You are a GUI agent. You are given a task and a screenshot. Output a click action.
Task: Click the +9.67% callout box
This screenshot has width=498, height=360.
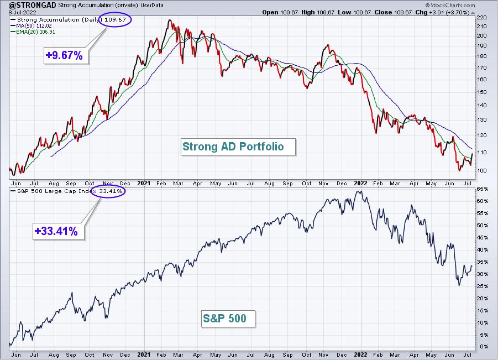[x=66, y=55]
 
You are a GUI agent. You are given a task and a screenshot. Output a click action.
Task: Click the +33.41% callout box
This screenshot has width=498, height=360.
[x=59, y=231]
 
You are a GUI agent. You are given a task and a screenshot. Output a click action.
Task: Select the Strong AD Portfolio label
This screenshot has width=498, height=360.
[x=238, y=147]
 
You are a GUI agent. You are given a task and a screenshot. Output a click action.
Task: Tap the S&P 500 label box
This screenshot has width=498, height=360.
[x=229, y=319]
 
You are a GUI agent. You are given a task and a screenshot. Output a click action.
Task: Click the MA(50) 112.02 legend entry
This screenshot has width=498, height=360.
[x=31, y=26]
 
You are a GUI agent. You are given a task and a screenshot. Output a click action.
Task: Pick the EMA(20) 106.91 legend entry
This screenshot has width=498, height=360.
[x=33, y=32]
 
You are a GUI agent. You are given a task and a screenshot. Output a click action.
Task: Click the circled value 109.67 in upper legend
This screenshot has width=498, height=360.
[x=115, y=20]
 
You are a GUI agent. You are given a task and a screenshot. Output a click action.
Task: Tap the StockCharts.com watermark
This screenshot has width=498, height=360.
[x=450, y=5]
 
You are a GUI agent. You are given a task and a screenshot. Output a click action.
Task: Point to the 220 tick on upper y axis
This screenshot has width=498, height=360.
[x=481, y=18]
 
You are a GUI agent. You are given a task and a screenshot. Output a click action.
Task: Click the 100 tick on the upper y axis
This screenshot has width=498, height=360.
[x=481, y=171]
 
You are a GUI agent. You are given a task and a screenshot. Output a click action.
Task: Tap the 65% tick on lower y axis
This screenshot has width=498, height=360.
[x=482, y=189]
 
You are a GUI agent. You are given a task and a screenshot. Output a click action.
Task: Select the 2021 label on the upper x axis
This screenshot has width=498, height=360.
[x=144, y=184]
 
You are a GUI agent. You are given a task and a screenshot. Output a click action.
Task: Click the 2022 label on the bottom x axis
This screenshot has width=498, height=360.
[x=361, y=354]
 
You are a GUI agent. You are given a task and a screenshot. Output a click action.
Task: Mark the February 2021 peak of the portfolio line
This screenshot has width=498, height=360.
[x=170, y=20]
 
